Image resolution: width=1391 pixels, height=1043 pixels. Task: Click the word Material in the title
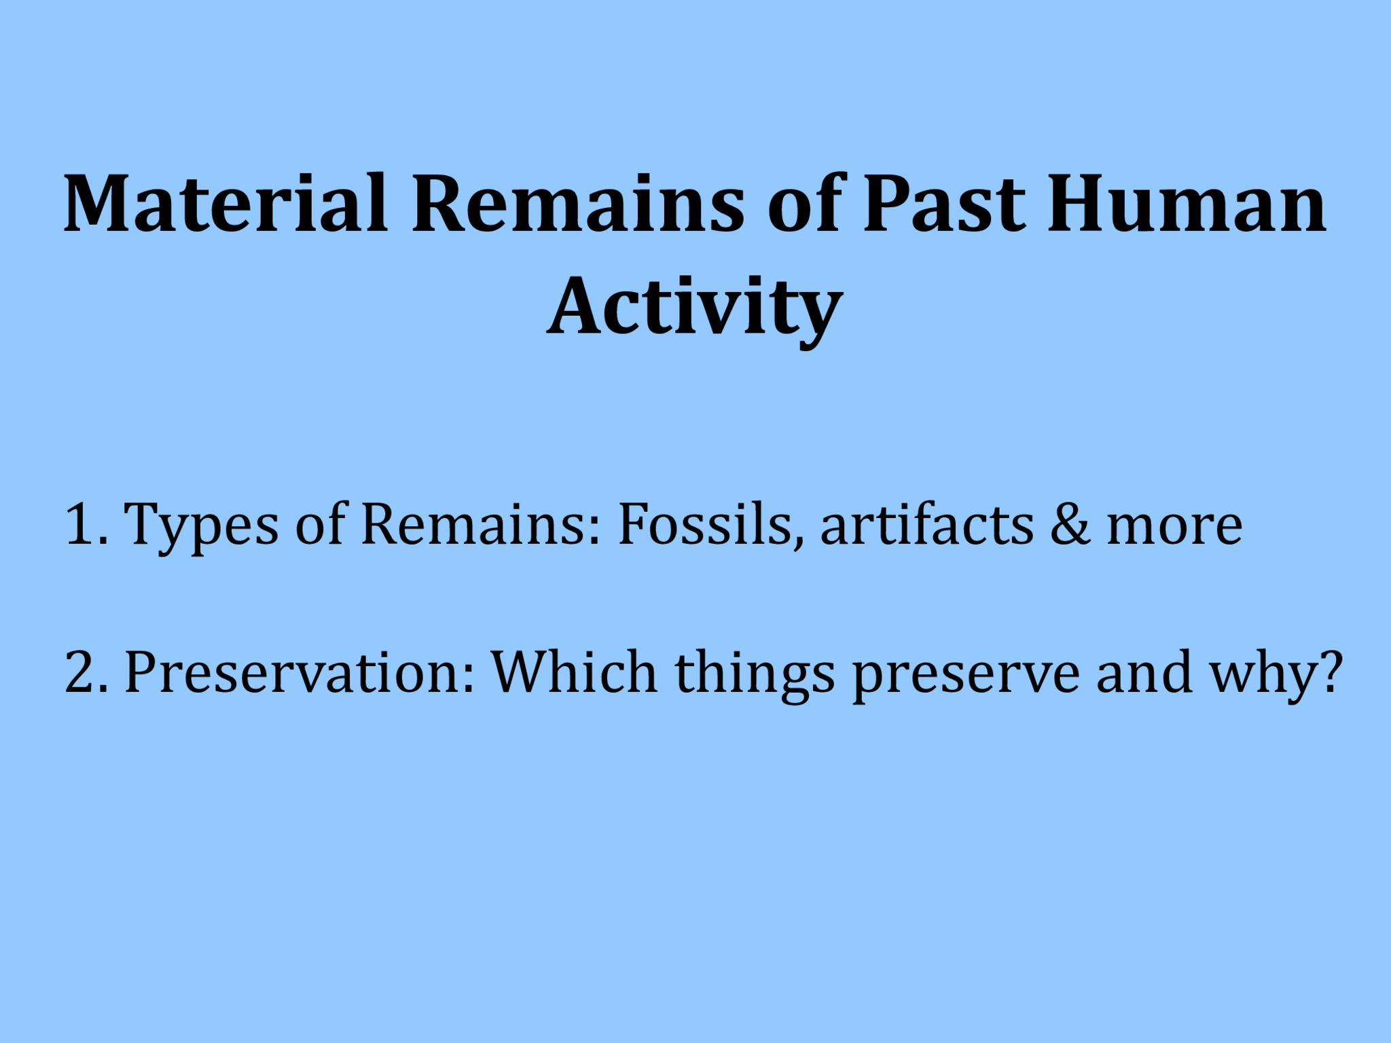pos(226,204)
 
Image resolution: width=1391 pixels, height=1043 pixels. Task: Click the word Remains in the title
pos(578,204)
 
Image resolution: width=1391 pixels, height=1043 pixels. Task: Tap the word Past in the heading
pos(944,204)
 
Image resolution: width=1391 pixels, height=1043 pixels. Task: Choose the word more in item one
pos(1175,526)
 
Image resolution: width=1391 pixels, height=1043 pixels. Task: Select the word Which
pos(575,672)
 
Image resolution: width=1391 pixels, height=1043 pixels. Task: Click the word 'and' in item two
pos(1145,672)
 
